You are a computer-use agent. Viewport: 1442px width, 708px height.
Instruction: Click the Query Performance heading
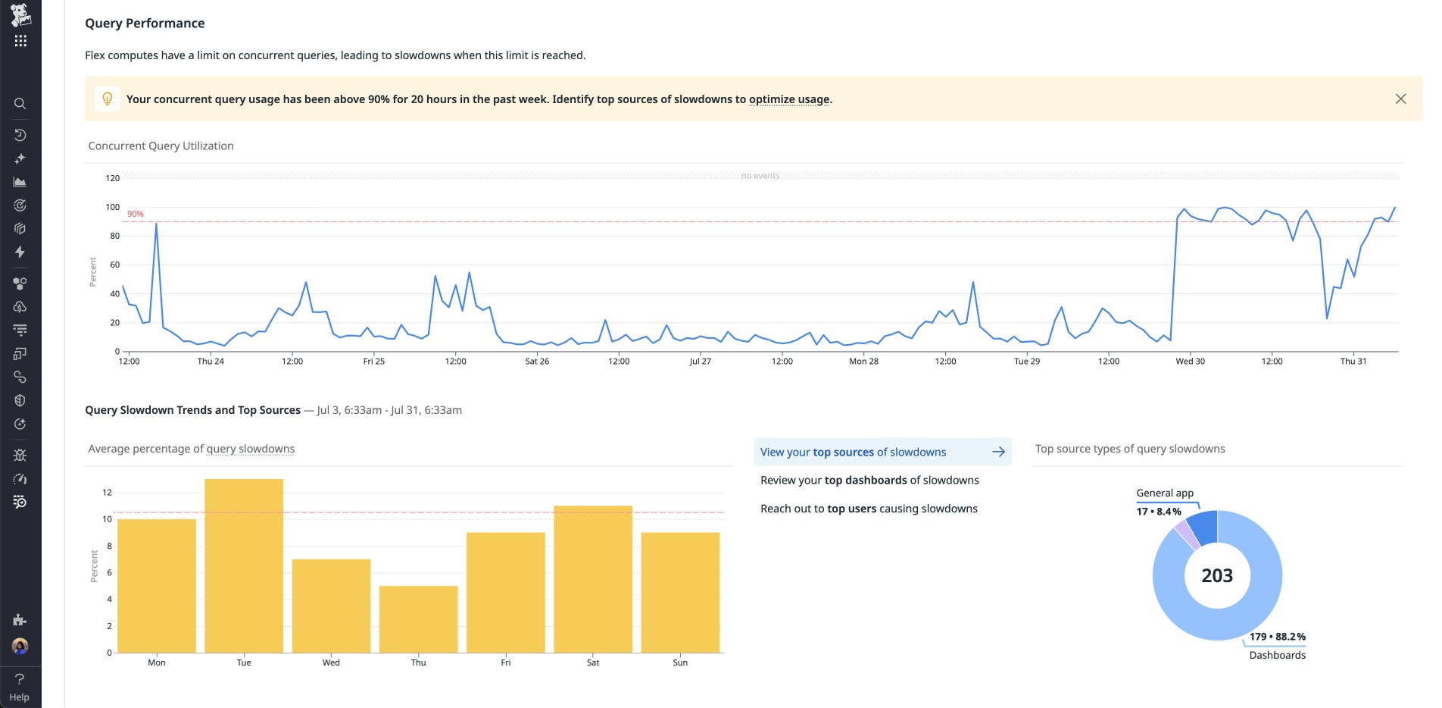[145, 23]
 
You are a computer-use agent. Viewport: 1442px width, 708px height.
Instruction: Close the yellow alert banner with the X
[1400, 99]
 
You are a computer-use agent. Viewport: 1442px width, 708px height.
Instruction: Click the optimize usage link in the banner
[789, 99]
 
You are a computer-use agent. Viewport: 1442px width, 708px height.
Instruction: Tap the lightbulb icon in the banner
[108, 99]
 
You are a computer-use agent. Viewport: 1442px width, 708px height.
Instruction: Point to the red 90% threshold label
[136, 214]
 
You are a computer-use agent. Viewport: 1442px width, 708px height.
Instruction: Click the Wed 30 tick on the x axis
[1190, 362]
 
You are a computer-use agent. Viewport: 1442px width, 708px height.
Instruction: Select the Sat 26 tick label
[537, 362]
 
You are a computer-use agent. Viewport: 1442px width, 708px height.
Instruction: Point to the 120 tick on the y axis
[112, 178]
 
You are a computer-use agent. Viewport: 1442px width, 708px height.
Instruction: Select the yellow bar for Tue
[244, 565]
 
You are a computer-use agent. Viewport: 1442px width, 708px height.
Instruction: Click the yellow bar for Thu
[418, 619]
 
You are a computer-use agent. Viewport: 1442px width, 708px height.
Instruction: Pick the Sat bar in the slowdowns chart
[593, 578]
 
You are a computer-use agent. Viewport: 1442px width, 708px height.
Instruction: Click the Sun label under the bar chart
[680, 663]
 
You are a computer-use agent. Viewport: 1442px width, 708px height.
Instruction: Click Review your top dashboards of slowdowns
[869, 481]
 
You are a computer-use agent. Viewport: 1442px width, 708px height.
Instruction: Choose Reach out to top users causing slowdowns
[869, 509]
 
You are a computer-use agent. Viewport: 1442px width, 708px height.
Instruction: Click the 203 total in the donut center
[1217, 576]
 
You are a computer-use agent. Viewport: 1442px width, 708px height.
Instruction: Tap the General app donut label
[1165, 493]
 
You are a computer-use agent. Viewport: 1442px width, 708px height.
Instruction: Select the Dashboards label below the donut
[1277, 655]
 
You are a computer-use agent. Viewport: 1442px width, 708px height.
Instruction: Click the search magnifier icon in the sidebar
[20, 104]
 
